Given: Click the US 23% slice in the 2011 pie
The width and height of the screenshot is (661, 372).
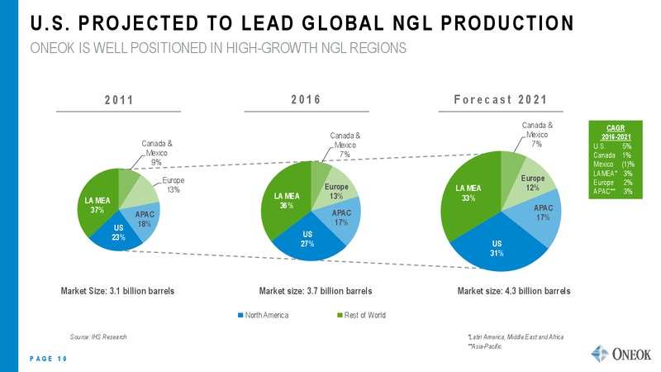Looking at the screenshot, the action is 116,235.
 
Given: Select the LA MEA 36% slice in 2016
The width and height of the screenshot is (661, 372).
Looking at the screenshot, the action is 283,202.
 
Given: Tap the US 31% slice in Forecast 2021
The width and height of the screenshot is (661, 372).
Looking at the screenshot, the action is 498,246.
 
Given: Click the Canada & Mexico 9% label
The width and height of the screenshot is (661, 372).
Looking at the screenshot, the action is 157,153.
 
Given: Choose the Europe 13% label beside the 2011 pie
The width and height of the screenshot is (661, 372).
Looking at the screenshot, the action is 174,184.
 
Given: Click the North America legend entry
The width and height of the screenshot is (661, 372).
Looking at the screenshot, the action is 264,315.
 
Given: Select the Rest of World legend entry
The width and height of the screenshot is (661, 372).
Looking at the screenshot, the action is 361,315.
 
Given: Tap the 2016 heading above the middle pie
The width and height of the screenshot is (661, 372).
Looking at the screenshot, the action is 306,99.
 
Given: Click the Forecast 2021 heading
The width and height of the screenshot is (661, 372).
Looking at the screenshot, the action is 501,99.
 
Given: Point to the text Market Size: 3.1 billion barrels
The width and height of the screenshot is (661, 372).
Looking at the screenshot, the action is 117,291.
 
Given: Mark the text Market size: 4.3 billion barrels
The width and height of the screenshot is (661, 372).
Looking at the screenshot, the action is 514,291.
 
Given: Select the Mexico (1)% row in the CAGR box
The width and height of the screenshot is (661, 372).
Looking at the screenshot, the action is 614,164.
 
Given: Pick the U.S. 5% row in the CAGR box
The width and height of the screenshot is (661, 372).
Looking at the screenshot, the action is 612,146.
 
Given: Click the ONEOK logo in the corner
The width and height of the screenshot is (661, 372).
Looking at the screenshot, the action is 621,354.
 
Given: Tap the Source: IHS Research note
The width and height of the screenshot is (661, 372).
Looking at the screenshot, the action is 98,337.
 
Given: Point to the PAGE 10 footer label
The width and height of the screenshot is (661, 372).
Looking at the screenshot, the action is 49,359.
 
